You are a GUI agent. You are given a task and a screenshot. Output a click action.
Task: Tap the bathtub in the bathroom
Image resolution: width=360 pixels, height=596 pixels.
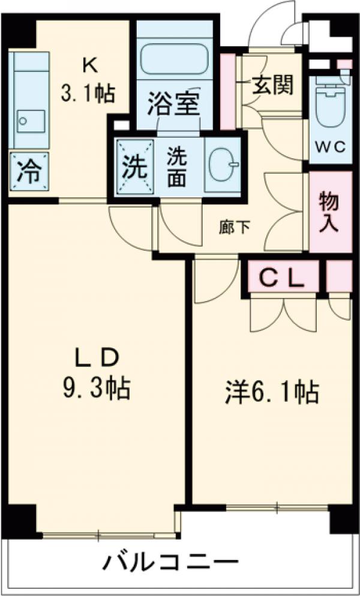pyautogui.click(x=175, y=59)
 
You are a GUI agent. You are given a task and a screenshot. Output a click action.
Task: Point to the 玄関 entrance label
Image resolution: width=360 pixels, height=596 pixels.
pyautogui.click(x=272, y=86)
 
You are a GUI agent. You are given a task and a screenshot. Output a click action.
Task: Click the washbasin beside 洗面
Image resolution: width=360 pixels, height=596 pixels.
pyautogui.click(x=223, y=164)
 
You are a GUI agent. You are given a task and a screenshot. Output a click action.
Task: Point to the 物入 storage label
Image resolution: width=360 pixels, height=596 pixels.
pyautogui.click(x=329, y=211)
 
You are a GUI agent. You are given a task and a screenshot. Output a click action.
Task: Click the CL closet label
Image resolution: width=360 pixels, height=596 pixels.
pyautogui.click(x=283, y=278)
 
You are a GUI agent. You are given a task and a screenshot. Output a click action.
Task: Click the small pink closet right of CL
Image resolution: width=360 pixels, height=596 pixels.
pyautogui.click(x=340, y=276)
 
